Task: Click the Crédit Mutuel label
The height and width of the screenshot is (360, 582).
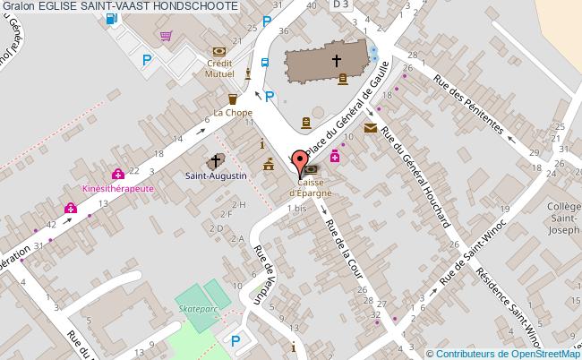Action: click(219, 69)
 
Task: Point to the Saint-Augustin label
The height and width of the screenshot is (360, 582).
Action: click(215, 176)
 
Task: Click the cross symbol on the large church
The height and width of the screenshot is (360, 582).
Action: click(337, 62)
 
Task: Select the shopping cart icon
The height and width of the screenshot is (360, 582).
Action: click(166, 36)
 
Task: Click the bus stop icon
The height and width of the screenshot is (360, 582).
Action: click(265, 63)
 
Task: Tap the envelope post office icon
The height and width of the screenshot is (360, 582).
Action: click(371, 129)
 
